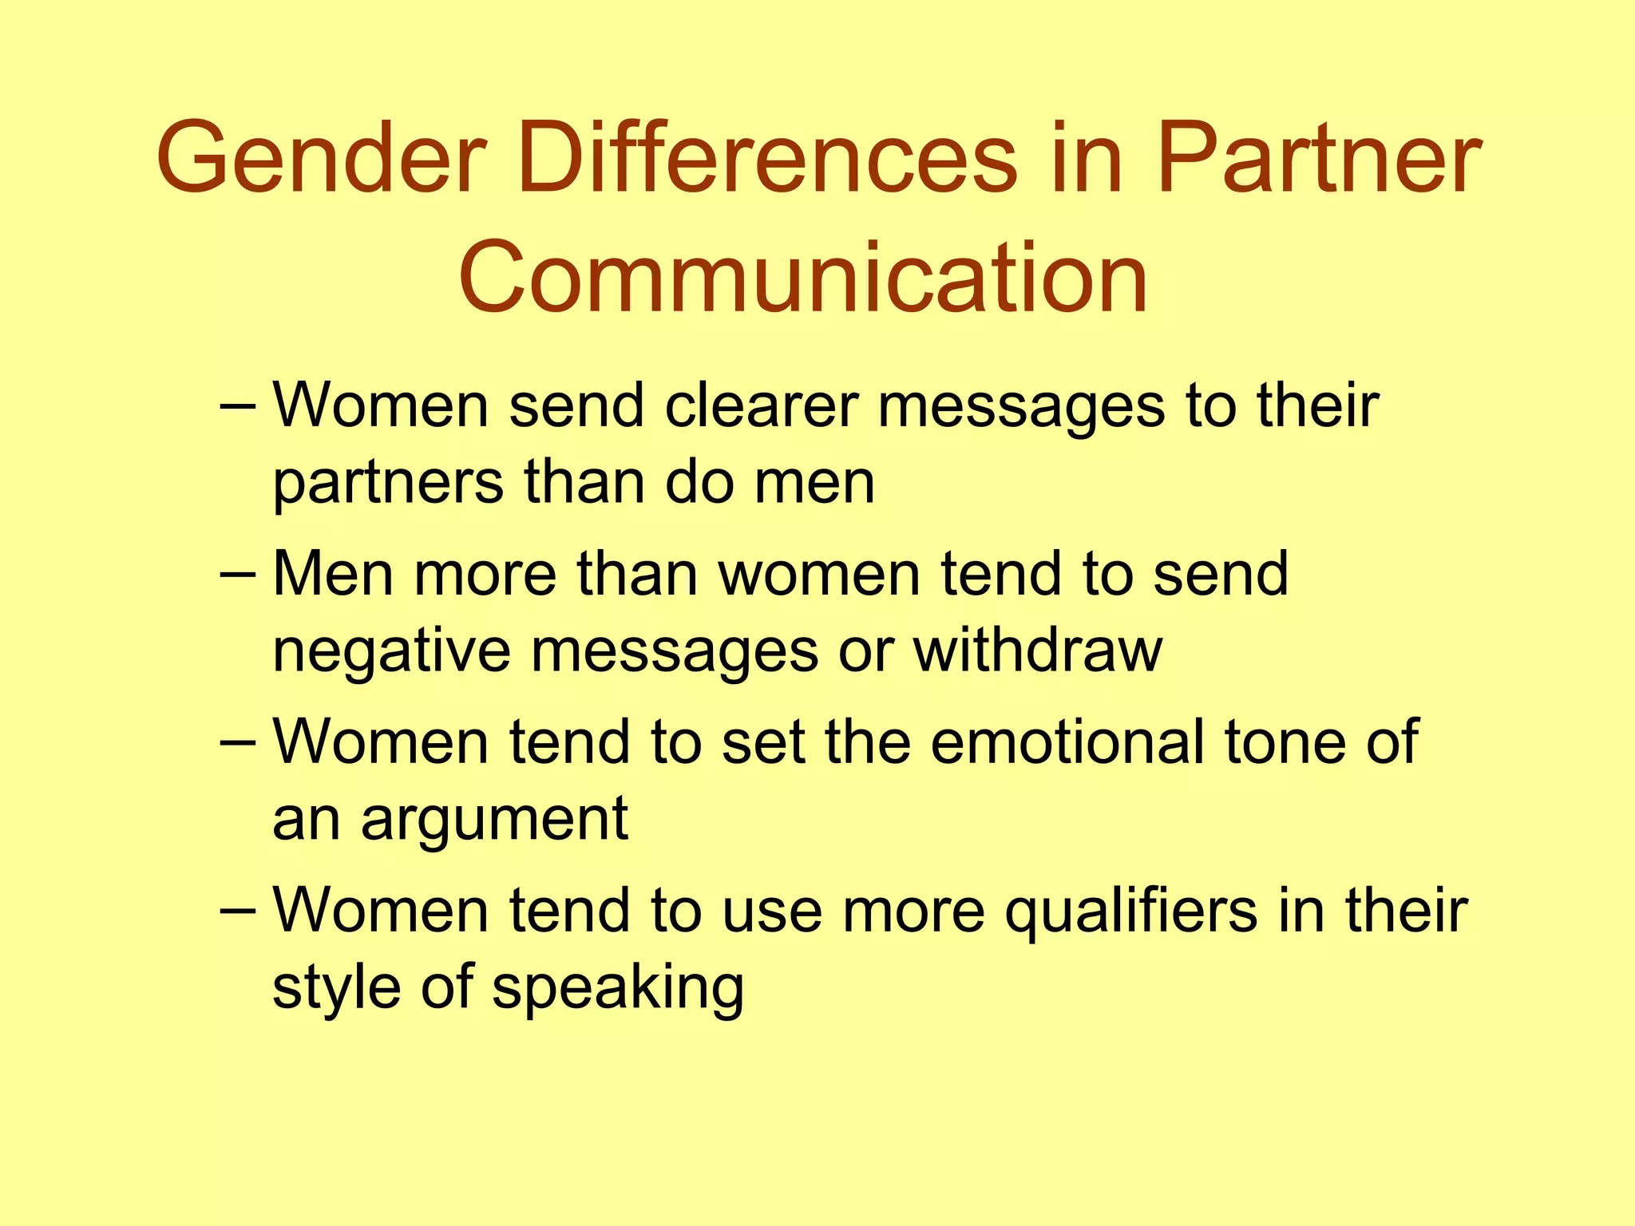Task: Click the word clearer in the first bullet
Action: click(762, 405)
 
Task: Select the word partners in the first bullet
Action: click(388, 484)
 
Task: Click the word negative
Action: click(391, 651)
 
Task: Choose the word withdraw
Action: click(1037, 650)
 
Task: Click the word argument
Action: click(494, 821)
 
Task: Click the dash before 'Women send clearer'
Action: click(237, 406)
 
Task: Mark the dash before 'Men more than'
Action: click(237, 574)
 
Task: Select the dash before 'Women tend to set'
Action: click(237, 742)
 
